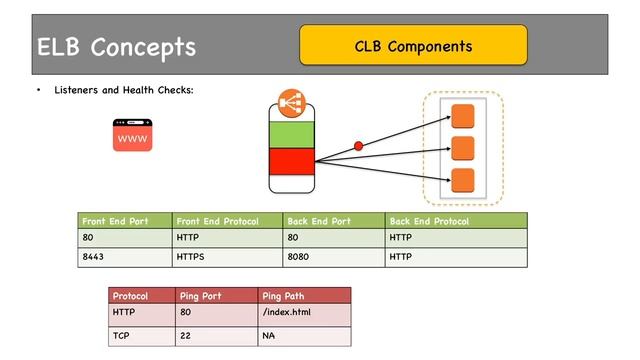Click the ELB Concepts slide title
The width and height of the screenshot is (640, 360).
(116, 47)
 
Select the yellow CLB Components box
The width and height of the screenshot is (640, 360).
(413, 46)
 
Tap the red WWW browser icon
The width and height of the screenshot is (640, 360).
(132, 135)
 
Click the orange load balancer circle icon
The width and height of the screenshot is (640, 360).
(291, 103)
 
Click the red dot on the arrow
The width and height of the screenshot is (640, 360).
(359, 147)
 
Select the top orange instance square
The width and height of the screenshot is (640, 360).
(462, 115)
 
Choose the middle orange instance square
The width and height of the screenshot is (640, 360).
(462, 148)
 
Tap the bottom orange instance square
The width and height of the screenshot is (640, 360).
(462, 180)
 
